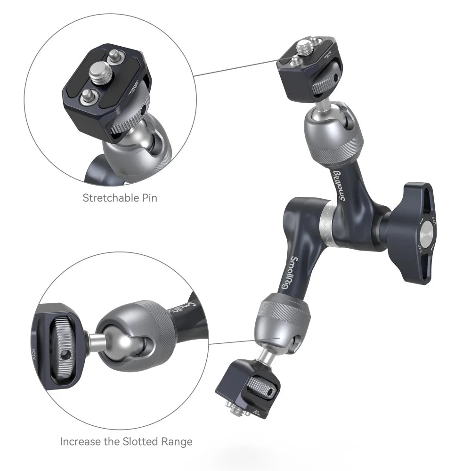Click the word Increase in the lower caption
[x=80, y=442]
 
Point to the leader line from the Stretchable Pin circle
[x=235, y=68]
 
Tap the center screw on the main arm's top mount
[x=302, y=48]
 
